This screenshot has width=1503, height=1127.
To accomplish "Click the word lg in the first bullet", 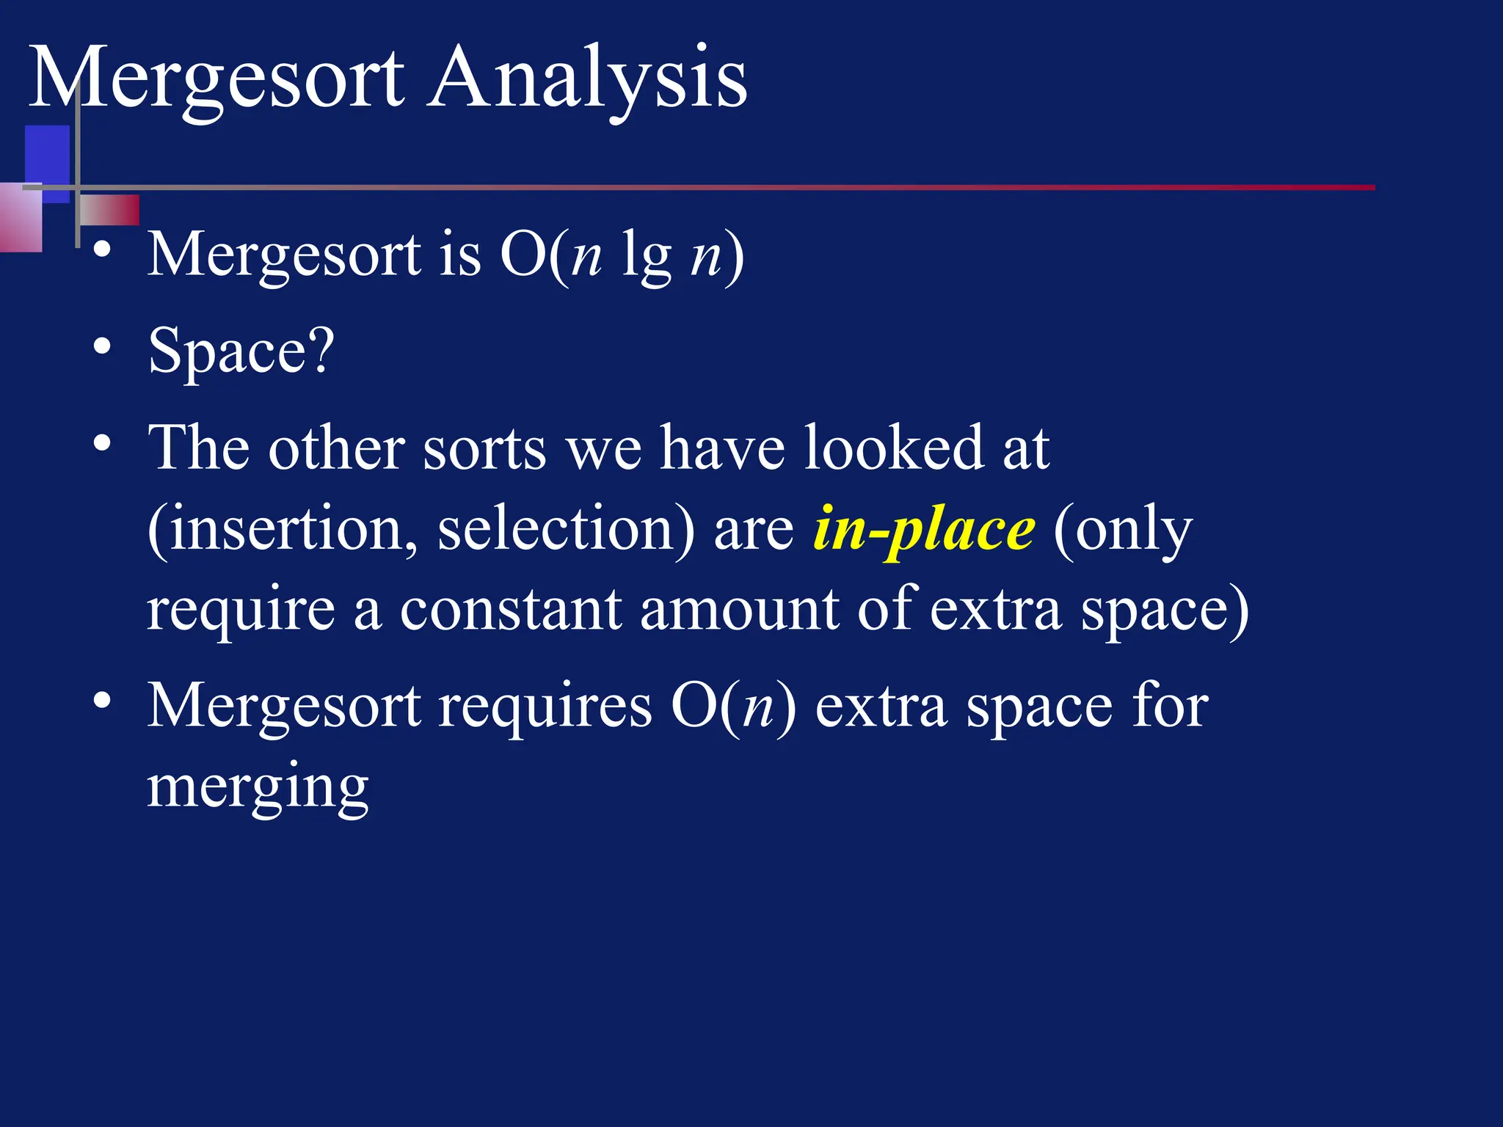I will point(646,257).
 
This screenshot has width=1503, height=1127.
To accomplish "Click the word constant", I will point(509,610).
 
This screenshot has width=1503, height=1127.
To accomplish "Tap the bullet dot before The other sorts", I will point(103,442).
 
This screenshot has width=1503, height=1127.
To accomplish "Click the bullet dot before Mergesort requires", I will point(103,701).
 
